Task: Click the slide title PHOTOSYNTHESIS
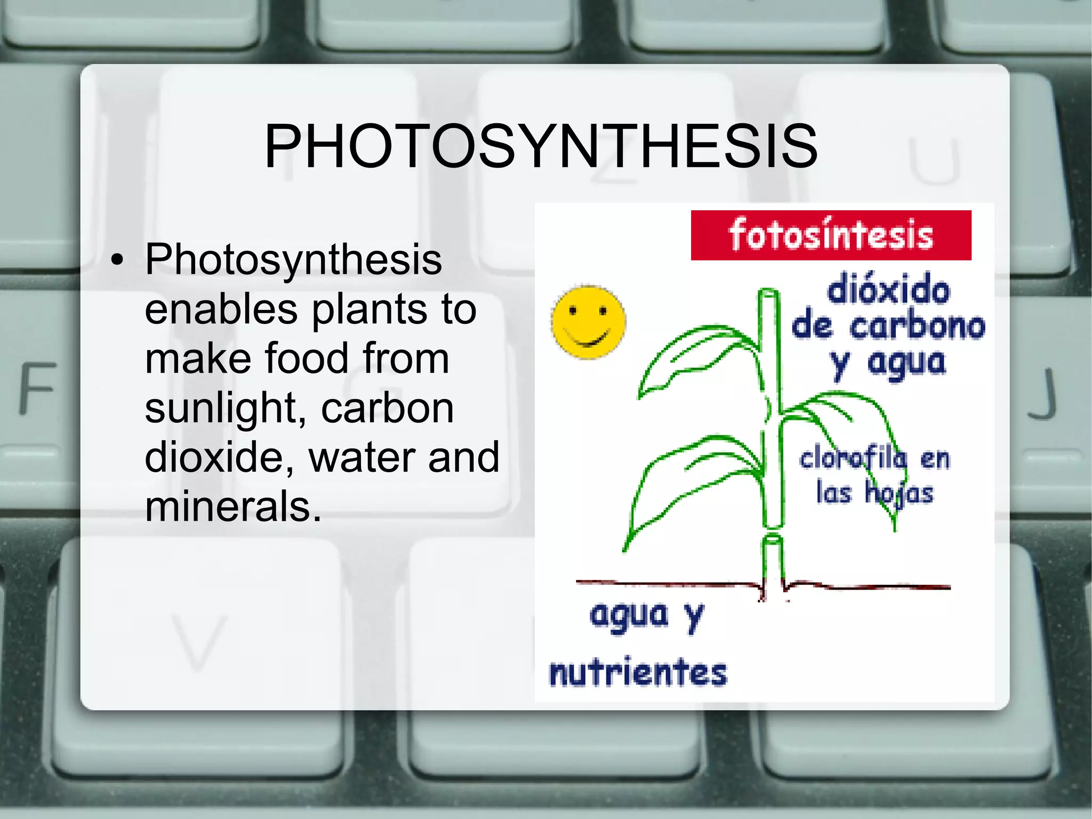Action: pyautogui.click(x=541, y=146)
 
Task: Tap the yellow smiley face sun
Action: pyautogui.click(x=589, y=322)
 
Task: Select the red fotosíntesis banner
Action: pyautogui.click(x=831, y=235)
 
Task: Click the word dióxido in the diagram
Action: pyautogui.click(x=889, y=289)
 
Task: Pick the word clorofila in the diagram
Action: pyautogui.click(x=853, y=458)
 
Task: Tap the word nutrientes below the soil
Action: pyautogui.click(x=638, y=672)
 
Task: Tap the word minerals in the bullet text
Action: pyautogui.click(x=234, y=506)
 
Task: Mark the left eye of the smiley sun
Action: pyautogui.click(x=572, y=311)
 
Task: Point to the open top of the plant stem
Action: pyautogui.click(x=768, y=293)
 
